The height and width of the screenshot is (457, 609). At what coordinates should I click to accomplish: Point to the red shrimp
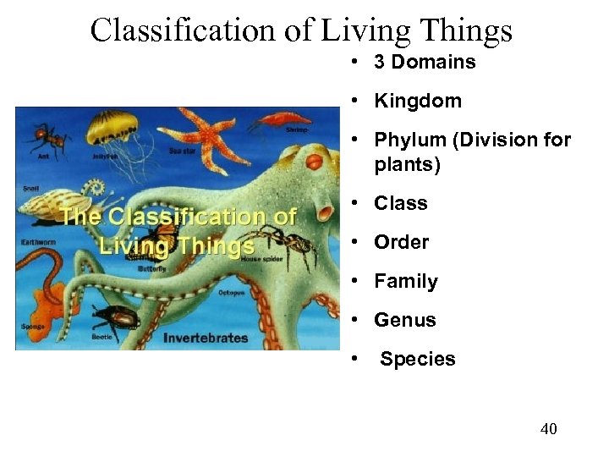tap(280, 118)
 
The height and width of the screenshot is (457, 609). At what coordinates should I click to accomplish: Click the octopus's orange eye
tap(314, 159)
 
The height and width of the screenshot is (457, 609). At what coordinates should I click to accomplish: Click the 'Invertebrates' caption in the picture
tap(206, 338)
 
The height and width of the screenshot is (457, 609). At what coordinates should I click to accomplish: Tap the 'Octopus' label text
tap(231, 293)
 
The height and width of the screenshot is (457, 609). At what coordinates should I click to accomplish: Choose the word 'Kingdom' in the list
tap(418, 101)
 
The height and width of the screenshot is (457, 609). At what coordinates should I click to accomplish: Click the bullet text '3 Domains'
tap(425, 62)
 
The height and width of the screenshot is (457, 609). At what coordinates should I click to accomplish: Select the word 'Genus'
tap(405, 320)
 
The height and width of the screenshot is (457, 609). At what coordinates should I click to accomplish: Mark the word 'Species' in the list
tap(417, 359)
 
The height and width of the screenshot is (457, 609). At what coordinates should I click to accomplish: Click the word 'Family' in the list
tap(406, 281)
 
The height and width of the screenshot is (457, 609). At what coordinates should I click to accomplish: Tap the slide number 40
tap(548, 429)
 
